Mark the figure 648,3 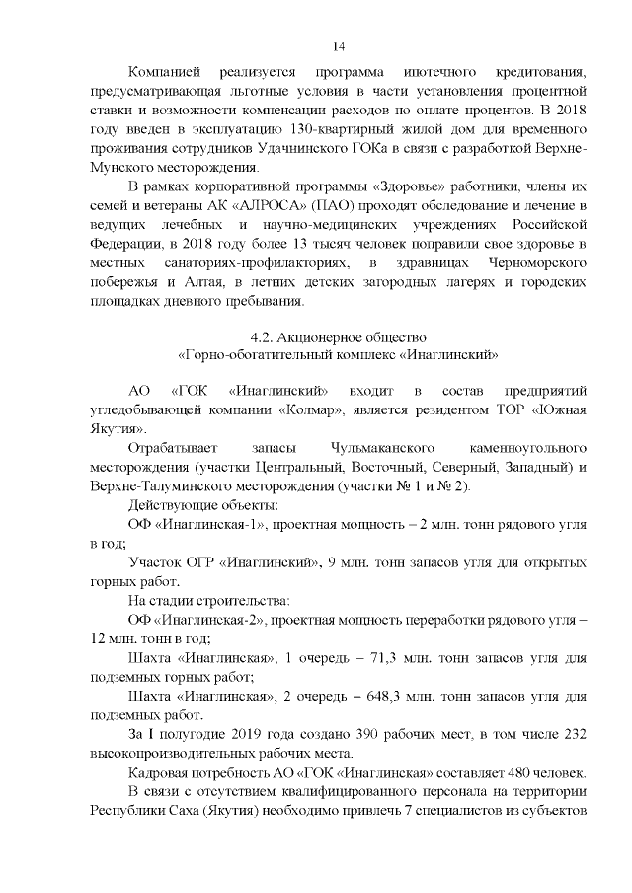pyautogui.click(x=387, y=695)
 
